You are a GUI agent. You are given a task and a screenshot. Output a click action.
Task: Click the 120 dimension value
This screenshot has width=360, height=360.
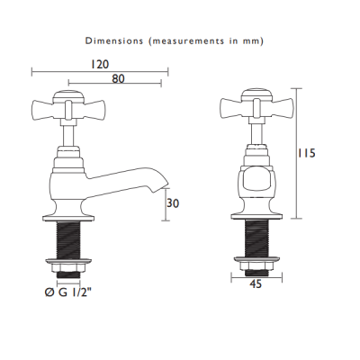click(100, 64)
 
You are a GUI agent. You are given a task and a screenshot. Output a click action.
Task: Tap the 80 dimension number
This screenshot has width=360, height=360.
click(118, 78)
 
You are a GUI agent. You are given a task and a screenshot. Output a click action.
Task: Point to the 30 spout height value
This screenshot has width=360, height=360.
click(173, 203)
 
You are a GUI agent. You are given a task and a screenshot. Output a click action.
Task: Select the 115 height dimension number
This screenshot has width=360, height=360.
click(307, 153)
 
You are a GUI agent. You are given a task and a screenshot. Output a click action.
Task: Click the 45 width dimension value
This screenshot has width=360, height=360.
click(256, 283)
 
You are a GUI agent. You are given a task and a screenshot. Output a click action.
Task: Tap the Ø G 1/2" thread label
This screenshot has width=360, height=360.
click(67, 292)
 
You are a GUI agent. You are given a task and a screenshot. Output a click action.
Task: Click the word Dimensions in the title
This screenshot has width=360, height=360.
click(114, 40)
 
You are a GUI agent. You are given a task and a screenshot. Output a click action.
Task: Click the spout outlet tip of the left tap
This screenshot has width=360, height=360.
click(161, 188)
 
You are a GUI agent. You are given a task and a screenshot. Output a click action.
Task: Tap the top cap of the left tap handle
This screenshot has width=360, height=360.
click(68, 95)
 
